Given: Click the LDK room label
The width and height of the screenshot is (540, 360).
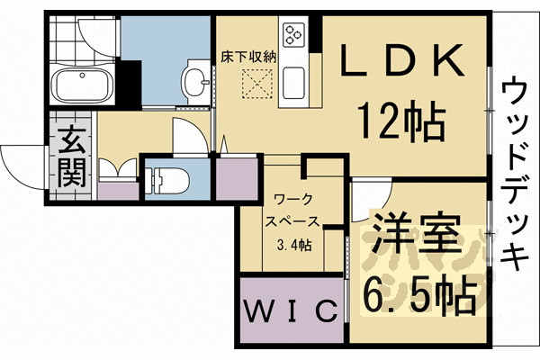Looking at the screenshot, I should click(402, 63).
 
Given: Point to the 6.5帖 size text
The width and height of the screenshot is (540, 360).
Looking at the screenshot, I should click(419, 292).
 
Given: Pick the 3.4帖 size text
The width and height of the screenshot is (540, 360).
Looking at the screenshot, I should click(293, 245).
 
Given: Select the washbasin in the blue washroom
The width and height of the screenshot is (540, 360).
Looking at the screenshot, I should click(194, 82).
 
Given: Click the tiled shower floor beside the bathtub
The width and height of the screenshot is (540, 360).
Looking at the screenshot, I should click(68, 37).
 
